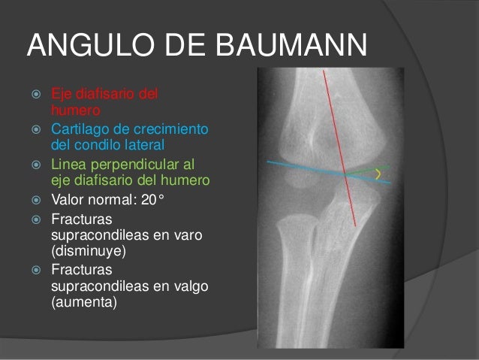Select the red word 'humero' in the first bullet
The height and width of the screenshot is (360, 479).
(x=76, y=110)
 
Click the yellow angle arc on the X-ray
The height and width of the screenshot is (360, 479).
(x=378, y=175)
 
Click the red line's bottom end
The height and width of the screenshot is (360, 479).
(x=356, y=225)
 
